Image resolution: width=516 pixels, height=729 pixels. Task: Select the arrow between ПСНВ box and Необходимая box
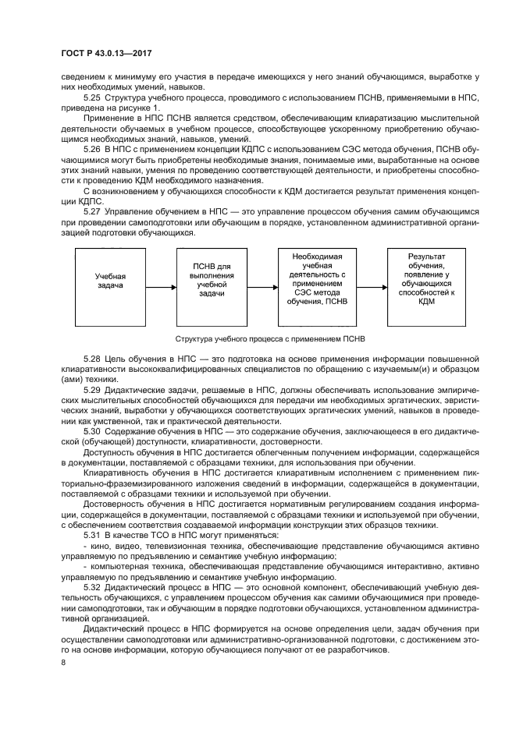pyautogui.click(x=263, y=288)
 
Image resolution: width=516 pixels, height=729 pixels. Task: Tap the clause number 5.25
pyautogui.click(x=92, y=97)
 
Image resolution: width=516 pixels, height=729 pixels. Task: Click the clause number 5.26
pyautogui.click(x=92, y=147)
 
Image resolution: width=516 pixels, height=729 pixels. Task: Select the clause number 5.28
pyautogui.click(x=92, y=356)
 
